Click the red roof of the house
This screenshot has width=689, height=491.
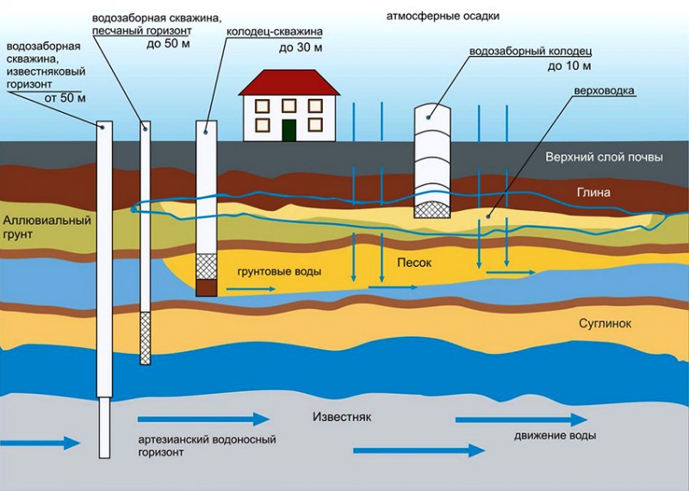289,82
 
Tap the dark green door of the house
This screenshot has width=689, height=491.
289,130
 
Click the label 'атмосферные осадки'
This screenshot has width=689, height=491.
443,16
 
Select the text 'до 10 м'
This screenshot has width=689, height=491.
569,66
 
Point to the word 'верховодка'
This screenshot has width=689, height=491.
605,90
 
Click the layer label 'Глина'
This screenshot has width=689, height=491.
593,193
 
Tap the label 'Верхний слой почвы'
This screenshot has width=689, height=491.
605,158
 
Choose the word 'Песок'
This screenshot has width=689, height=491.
414,263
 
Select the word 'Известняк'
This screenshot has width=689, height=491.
342,417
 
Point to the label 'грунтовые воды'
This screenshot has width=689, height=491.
279,272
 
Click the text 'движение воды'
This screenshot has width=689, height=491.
555,436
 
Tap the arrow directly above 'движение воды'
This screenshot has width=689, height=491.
522,420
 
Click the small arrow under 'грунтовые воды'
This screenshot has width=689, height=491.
251,289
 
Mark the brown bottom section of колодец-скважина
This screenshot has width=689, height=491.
207,288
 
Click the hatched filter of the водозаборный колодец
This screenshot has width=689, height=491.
432,210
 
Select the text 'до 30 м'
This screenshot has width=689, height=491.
301,47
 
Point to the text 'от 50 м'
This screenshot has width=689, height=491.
65,97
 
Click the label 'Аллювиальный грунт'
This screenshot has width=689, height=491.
47,227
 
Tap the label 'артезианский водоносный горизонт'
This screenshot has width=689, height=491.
207,445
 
